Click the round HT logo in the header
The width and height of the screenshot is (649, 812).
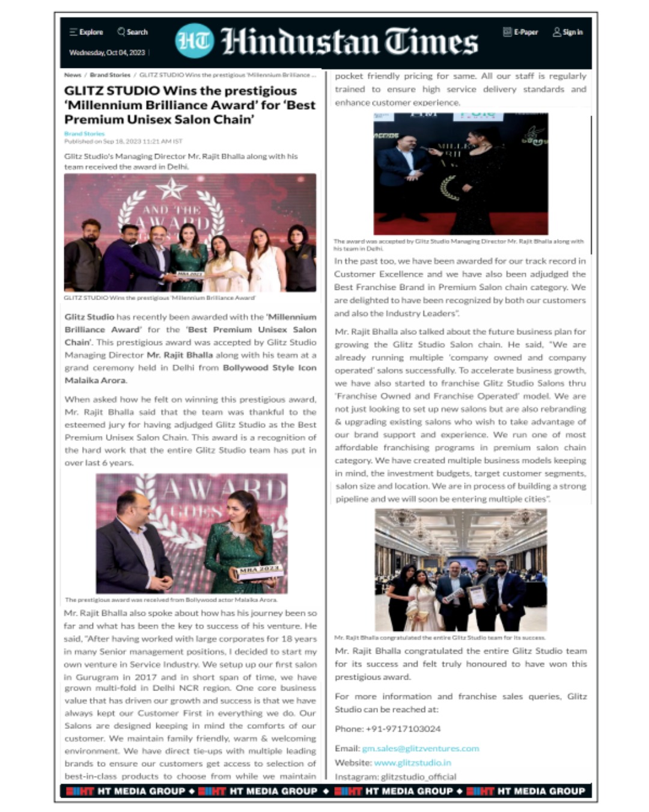[194, 41]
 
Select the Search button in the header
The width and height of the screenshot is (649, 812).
[133, 32]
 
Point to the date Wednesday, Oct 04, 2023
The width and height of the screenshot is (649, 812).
[107, 52]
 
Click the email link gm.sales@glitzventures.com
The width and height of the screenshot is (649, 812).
[420, 748]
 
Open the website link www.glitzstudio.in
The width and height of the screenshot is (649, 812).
[412, 762]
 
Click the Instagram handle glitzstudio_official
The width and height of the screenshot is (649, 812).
[418, 777]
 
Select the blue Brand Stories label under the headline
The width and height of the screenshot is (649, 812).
[84, 134]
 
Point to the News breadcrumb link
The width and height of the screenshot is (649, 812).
[72, 75]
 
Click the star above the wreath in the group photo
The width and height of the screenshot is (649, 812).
[171, 189]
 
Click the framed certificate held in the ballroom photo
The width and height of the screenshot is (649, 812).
[477, 595]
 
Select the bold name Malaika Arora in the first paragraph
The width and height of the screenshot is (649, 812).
[95, 380]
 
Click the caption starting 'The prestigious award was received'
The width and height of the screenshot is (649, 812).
[171, 600]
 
